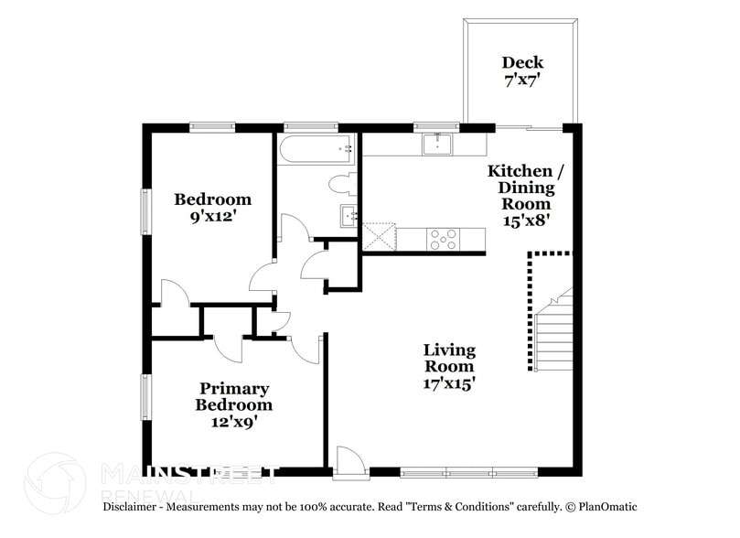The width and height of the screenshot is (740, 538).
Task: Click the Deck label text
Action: (x=522, y=62)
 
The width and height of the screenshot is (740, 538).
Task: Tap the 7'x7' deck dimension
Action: (x=522, y=80)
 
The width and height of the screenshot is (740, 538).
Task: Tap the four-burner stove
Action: (x=444, y=239)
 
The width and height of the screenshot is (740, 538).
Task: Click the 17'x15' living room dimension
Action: (x=448, y=384)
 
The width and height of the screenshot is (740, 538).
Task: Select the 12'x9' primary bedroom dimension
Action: (x=235, y=422)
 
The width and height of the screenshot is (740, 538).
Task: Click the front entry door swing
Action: (x=349, y=461)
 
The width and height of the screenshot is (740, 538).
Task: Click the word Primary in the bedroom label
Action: (x=234, y=388)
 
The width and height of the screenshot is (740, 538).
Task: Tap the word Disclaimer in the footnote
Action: (x=135, y=507)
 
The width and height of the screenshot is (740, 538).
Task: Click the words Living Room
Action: (x=448, y=359)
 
